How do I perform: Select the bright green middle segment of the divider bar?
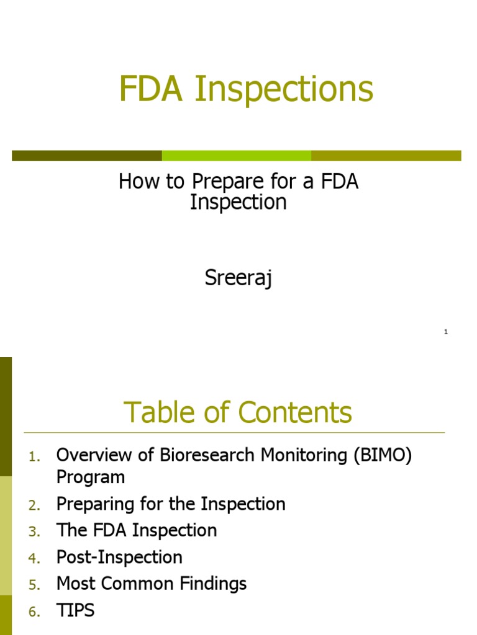pyautogui.click(x=237, y=156)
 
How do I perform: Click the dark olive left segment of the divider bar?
pyautogui.click(x=87, y=156)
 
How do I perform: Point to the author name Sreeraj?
pyautogui.click(x=238, y=278)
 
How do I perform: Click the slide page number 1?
pyautogui.click(x=446, y=332)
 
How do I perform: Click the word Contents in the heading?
pyautogui.click(x=295, y=413)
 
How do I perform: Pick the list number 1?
pyautogui.click(x=35, y=457)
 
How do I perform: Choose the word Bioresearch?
pyautogui.click(x=198, y=455)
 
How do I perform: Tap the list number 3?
pyautogui.click(x=34, y=532)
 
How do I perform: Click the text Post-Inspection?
pyautogui.click(x=119, y=557)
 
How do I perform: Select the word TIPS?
pyautogui.click(x=75, y=610)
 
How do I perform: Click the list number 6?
pyautogui.click(x=34, y=612)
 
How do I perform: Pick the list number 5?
pyautogui.click(x=34, y=585)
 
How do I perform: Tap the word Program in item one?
pyautogui.click(x=91, y=477)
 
